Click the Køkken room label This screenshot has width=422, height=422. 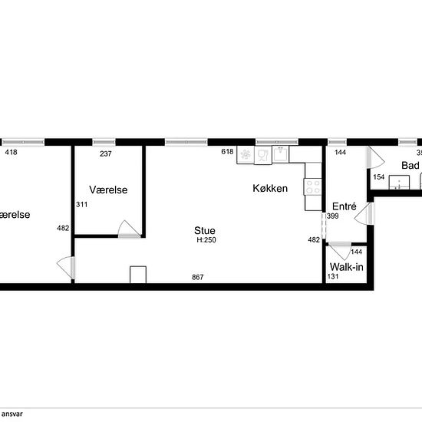tap(271, 188)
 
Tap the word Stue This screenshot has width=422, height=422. tap(204, 230)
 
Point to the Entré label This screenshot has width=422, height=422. tap(344, 206)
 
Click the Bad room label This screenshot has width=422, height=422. tap(410, 166)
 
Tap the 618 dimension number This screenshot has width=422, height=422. tap(227, 152)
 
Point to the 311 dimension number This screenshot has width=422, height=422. tap(81, 205)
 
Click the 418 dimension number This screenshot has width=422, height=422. tap(11, 153)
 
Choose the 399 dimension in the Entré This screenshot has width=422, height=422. tap(332, 217)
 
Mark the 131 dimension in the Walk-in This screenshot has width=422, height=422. tap(332, 276)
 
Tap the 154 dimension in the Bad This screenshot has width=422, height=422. tap(378, 177)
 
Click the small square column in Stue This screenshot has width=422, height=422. tap(138, 275)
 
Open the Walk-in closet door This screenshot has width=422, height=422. tap(338, 251)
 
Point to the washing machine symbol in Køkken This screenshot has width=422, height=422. tap(246, 154)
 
